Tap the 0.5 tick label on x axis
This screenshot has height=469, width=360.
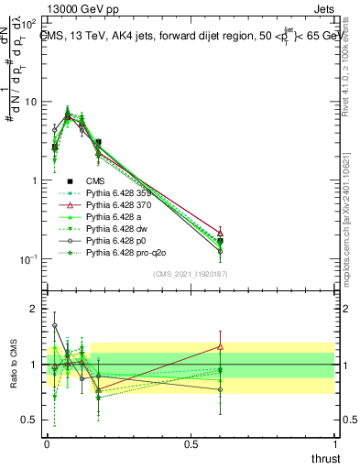pyautogui.click(x=190, y=444)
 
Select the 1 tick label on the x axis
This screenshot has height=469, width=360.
pyautogui.click(x=333, y=444)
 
